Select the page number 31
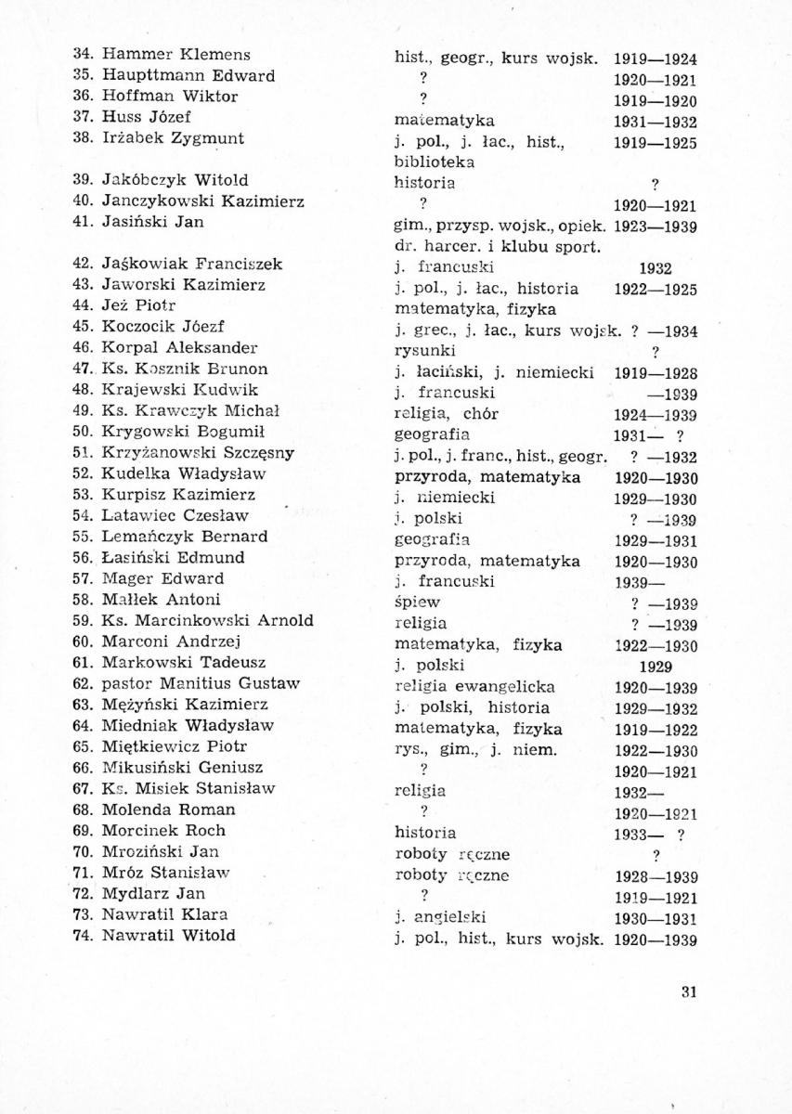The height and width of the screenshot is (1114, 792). click(x=689, y=991)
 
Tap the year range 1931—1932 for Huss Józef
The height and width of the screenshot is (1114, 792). click(x=656, y=123)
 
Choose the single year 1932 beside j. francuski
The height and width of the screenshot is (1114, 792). click(x=656, y=269)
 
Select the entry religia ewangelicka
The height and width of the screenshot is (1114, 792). click(x=475, y=687)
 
